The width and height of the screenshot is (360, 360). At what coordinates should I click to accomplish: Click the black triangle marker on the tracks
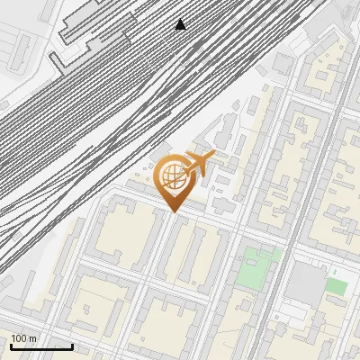point(181,24)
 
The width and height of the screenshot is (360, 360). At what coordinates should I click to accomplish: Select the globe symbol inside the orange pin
point(173,177)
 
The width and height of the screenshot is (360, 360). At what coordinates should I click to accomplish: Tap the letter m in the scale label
point(33,338)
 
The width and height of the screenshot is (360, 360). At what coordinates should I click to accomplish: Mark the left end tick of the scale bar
point(10,346)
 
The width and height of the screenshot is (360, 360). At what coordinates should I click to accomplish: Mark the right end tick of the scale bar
point(72,346)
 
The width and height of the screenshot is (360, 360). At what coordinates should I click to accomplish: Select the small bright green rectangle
point(336,286)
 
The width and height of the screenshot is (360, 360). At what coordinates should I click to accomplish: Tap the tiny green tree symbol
point(335,271)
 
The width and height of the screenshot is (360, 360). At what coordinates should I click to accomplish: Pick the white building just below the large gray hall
point(297,311)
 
